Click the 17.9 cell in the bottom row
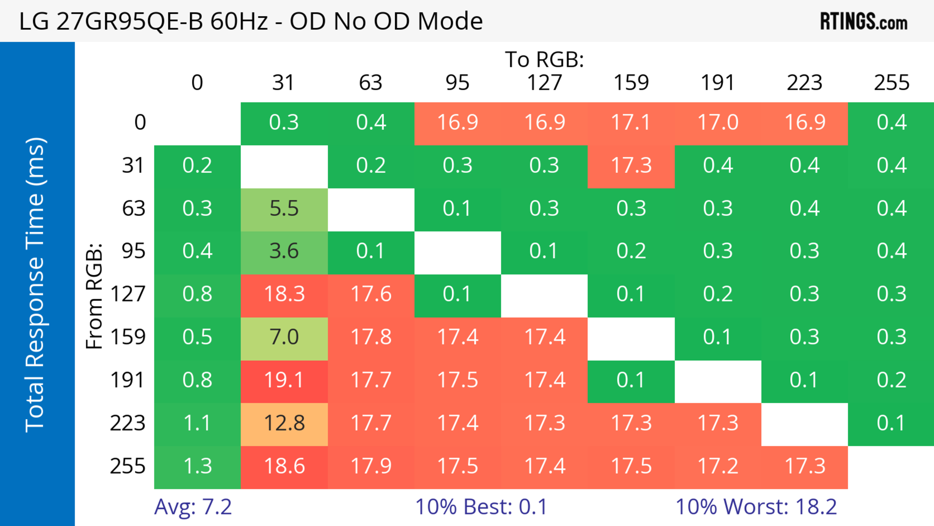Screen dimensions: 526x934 [x=371, y=466]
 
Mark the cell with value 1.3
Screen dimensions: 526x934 [x=197, y=466]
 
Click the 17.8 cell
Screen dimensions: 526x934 [x=371, y=337]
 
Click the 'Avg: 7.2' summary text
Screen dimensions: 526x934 [x=193, y=507]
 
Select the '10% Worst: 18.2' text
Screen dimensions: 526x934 [x=756, y=507]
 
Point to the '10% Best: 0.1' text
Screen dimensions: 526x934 [x=481, y=507]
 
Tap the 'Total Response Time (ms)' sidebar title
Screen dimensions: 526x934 [x=36, y=285]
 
